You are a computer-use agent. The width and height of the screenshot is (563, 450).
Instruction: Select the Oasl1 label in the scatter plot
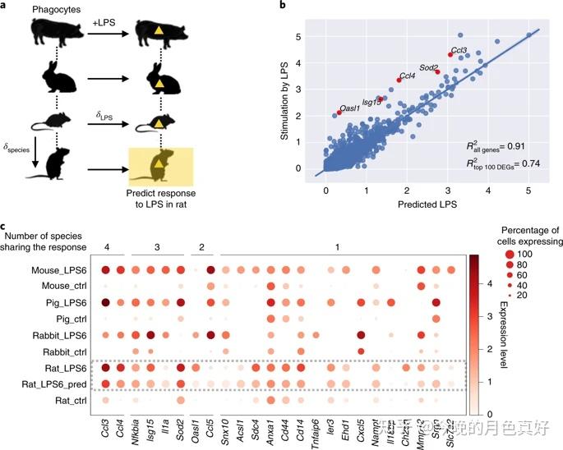pyautogui.click(x=350, y=107)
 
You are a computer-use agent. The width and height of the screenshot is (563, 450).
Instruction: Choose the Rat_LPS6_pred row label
pyautogui.click(x=55, y=383)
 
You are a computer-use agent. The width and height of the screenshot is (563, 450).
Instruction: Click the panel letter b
pyautogui.click(x=284, y=7)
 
